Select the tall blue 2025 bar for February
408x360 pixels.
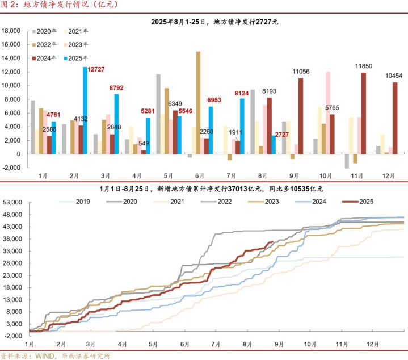[x=85, y=110]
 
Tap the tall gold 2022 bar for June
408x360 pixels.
[x=198, y=102]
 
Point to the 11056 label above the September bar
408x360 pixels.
[x=301, y=72]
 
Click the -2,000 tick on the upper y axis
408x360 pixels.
[x=12, y=168]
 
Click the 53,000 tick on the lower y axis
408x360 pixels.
[x=12, y=202]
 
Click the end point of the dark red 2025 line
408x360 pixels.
[x=274, y=241]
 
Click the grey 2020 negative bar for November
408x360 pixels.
[x=347, y=161]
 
